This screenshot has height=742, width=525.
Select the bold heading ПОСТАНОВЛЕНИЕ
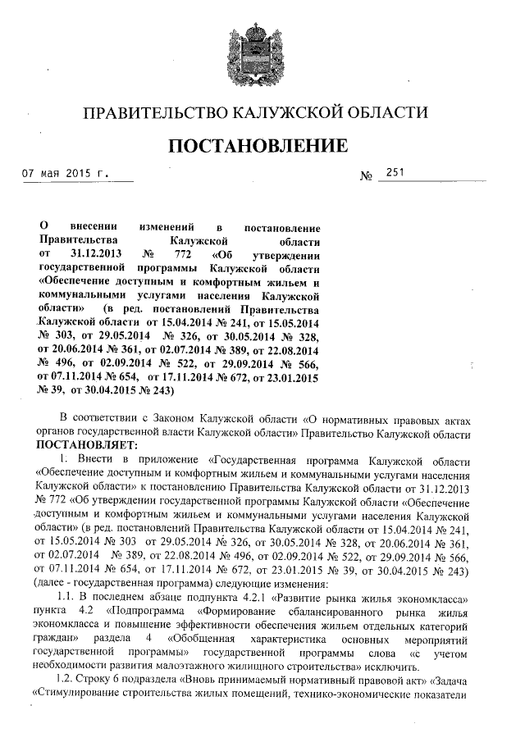pyautogui.click(x=262, y=146)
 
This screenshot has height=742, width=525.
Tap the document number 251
pyautogui.click(x=395, y=172)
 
